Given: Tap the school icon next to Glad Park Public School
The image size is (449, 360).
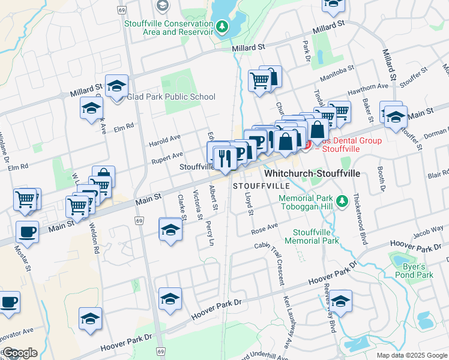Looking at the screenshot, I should point(116,86).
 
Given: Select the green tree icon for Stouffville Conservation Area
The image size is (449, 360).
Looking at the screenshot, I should point(223,26).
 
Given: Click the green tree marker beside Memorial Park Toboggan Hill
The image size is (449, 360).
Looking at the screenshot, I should point(342,200).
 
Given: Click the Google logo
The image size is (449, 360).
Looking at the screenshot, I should point(19,353).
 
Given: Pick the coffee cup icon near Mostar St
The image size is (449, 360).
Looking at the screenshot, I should point(27,232).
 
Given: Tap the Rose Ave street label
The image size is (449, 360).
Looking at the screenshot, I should point(265,229).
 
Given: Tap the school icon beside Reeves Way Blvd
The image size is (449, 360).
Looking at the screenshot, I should point(340,302).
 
